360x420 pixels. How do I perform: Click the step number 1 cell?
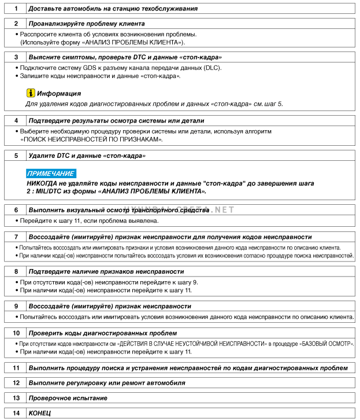(16, 9)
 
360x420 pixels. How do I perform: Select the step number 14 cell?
(16, 414)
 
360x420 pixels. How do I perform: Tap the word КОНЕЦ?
(40, 414)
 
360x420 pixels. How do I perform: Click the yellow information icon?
(30, 93)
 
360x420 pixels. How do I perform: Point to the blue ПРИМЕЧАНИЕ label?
(50, 173)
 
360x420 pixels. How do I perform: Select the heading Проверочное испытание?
(68, 398)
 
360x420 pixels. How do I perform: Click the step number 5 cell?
(16, 156)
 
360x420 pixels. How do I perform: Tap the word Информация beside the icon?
(59, 93)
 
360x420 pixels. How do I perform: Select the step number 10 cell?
(16, 333)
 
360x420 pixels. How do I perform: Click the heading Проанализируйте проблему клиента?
(87, 24)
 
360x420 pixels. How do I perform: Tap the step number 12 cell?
(16, 383)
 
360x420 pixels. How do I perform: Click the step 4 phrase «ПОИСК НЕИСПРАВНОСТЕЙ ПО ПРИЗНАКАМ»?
(91, 139)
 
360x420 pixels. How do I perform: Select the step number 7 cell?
(16, 237)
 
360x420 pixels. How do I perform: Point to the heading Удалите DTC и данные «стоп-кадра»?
(87, 156)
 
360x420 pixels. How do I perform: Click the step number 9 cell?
(16, 306)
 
